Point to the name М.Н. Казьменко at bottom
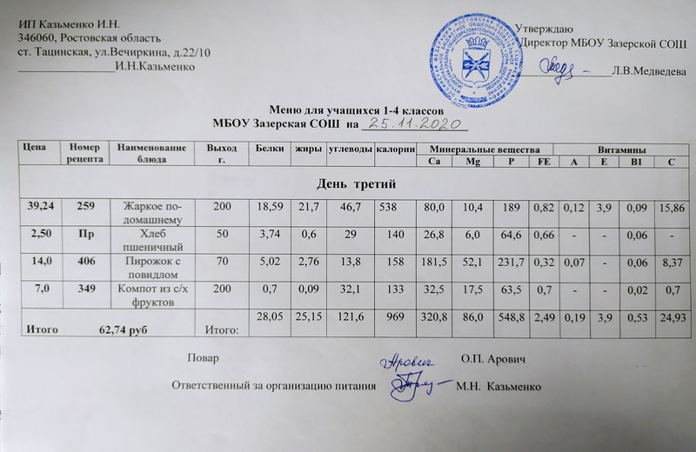pos(499,385)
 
